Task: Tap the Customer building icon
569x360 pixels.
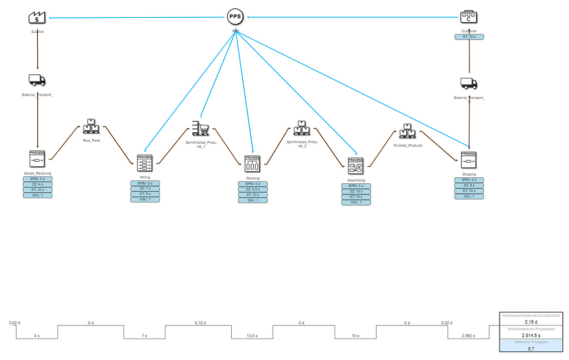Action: coord(469,17)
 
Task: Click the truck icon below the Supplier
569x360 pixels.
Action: coord(37,80)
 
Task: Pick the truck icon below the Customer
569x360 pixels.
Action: coord(469,83)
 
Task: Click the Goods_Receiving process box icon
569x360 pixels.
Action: coord(37,159)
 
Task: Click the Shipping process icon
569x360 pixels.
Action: coord(469,160)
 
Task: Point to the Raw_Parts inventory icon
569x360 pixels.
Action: coord(91,127)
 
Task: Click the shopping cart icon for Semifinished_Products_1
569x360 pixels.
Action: coord(199,128)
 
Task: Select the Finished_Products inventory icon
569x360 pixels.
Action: coord(407,131)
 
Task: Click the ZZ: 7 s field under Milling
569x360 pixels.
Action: coord(144,189)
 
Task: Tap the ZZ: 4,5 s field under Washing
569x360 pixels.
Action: coord(253,189)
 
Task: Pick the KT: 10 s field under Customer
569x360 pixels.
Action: coord(469,37)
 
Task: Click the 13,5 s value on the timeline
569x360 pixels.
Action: coord(252,336)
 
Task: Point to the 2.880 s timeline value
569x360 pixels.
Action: coord(468,336)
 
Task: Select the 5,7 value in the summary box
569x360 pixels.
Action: coord(531,348)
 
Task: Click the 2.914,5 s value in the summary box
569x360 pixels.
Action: coord(531,335)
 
